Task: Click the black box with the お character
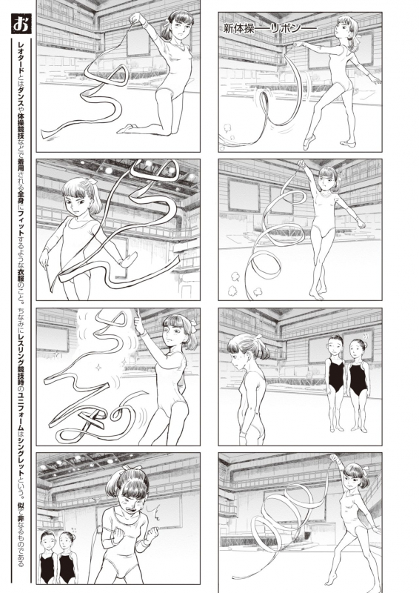[x=21, y=24]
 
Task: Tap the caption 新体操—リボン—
[x=269, y=28]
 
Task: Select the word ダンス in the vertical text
[x=21, y=90]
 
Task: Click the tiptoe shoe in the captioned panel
[x=308, y=142]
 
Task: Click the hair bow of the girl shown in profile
[x=259, y=337]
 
